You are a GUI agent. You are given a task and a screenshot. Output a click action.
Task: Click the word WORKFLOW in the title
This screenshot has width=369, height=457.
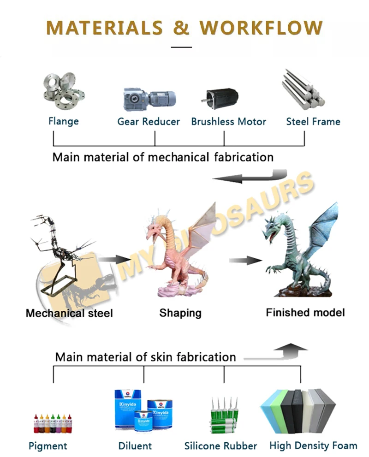tap(262, 28)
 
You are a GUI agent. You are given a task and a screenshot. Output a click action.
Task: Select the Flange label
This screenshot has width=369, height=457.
tap(64, 121)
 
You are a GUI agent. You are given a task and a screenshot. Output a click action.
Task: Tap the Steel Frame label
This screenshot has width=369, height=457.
tap(313, 122)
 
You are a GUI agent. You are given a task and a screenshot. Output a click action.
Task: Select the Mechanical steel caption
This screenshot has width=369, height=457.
tap(69, 314)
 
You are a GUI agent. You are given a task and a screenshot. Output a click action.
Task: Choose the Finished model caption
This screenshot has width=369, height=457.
tap(305, 312)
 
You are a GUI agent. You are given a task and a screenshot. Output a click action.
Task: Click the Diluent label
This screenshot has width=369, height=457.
tap(135, 446)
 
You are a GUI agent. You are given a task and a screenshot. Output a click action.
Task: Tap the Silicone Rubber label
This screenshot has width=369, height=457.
tap(220, 446)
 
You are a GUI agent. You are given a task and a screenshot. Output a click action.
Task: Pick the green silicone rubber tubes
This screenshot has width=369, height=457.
tap(223, 415)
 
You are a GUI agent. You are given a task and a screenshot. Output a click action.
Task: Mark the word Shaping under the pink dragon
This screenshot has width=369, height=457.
tap(180, 313)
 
